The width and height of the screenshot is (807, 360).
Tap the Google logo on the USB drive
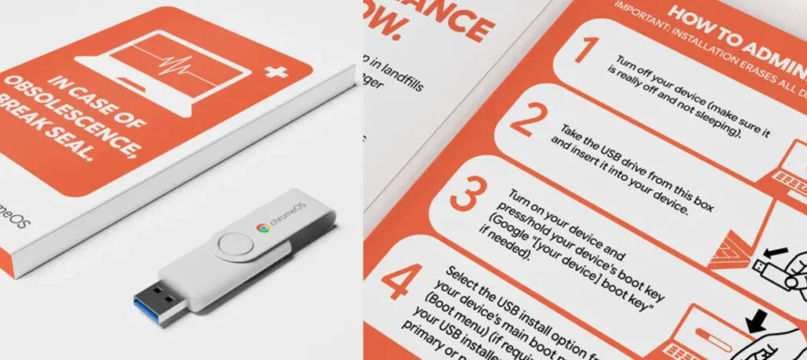(262, 228)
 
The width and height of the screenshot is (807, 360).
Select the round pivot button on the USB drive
(236, 245)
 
